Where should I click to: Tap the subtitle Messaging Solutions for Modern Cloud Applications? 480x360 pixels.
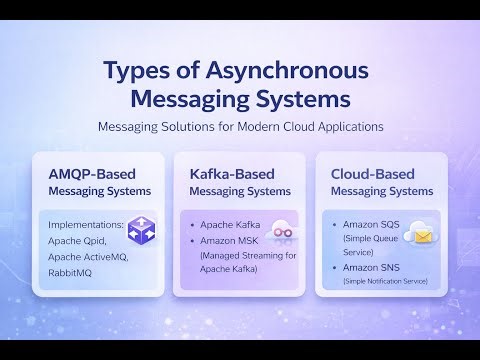coord(240,127)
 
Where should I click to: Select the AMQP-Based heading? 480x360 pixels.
coord(91,172)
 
